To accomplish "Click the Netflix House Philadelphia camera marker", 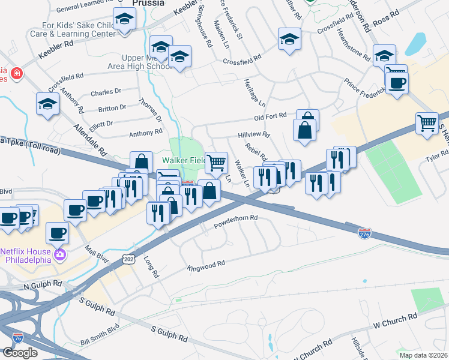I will pos(59,254).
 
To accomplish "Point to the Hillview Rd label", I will pos(254,136).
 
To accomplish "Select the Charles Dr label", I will pos(106,93).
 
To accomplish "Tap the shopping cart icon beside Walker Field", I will pos(216,162).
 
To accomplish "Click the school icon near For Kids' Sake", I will pos(124,20).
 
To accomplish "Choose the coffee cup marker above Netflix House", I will pos(58,232).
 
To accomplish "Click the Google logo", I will pos(19,353).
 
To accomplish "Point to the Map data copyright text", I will pos(423,355).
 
